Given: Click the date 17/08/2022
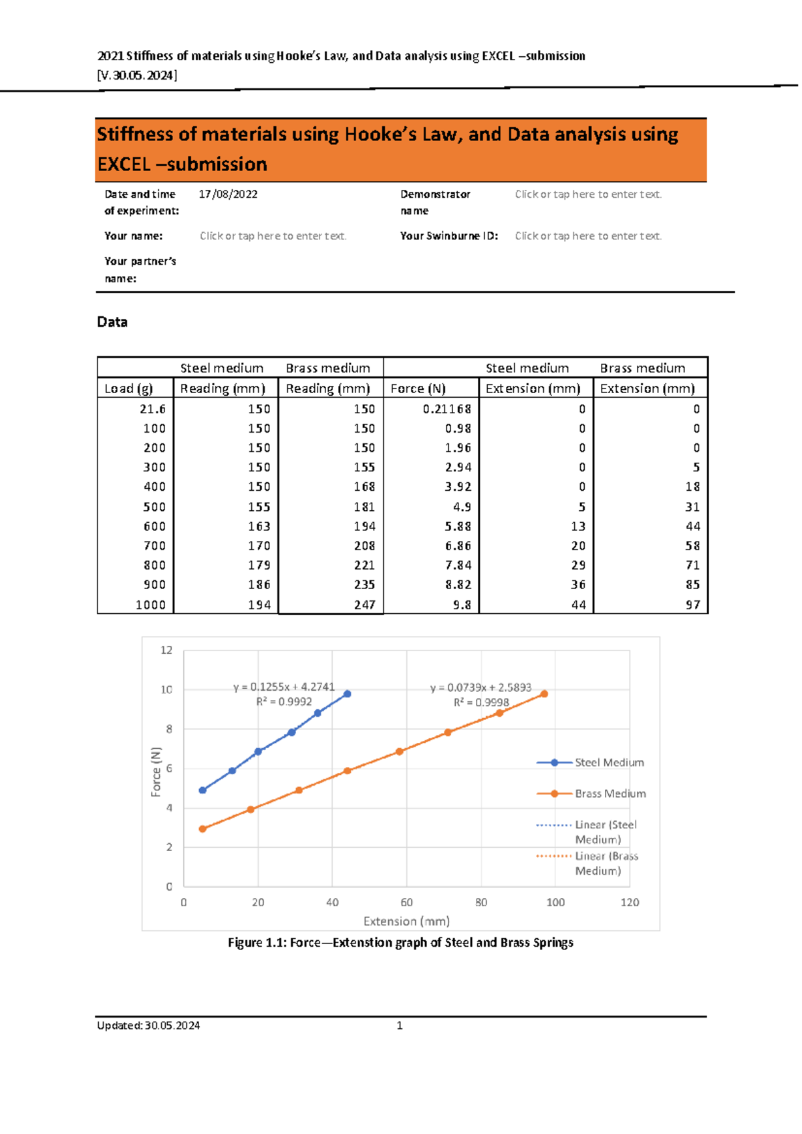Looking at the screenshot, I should pyautogui.click(x=228, y=194).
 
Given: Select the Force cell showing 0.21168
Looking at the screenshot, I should pyautogui.click(x=446, y=409).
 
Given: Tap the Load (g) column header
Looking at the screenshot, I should pyautogui.click(x=129, y=388).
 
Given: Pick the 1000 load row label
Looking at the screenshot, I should pyautogui.click(x=150, y=604).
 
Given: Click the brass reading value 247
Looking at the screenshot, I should pyautogui.click(x=364, y=604).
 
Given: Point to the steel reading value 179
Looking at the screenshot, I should pyautogui.click(x=259, y=565).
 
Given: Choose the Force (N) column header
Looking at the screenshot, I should pyautogui.click(x=418, y=388).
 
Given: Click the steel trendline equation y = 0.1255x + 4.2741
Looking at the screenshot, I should pyautogui.click(x=284, y=687).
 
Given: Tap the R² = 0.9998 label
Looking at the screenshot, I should pyautogui.click(x=481, y=702).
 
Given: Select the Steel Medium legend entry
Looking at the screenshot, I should pyautogui.click(x=609, y=762).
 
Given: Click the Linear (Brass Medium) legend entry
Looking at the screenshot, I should pyautogui.click(x=605, y=863).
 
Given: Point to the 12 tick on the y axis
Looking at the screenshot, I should pyautogui.click(x=166, y=650).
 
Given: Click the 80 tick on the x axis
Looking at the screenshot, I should pyautogui.click(x=481, y=902).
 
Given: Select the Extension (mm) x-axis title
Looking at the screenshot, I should pyautogui.click(x=406, y=921).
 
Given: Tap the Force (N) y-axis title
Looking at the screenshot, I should pyautogui.click(x=156, y=772).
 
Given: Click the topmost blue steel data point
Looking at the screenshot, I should pyautogui.click(x=347, y=694).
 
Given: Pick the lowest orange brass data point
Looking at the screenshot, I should pyautogui.click(x=203, y=829).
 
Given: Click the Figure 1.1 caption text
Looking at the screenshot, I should pyautogui.click(x=400, y=942).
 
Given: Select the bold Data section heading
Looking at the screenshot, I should pyautogui.click(x=112, y=322).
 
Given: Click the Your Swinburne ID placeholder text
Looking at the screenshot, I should pyautogui.click(x=588, y=236).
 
